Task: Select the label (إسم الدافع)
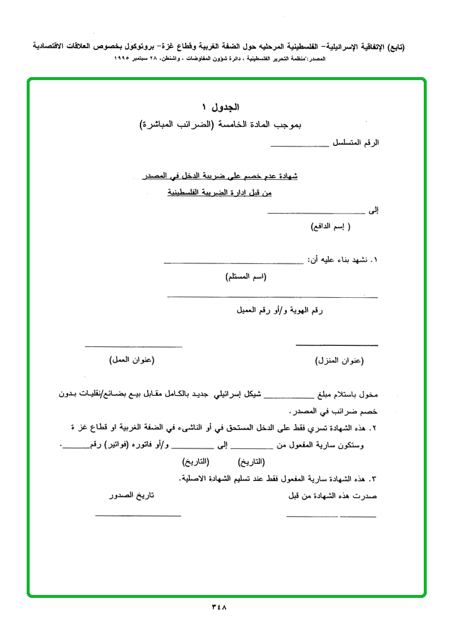point(331,227)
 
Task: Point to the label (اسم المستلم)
point(246,277)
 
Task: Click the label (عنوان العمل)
point(132,360)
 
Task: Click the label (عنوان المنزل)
point(338,360)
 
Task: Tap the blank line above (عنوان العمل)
point(133,346)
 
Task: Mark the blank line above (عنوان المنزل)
point(337,345)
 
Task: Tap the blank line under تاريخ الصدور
point(138,515)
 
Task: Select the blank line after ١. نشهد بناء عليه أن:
point(233,263)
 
